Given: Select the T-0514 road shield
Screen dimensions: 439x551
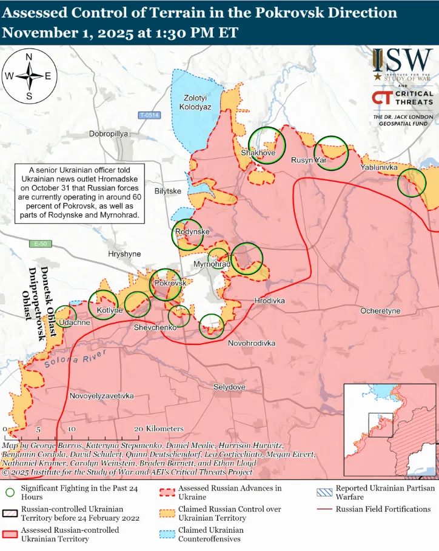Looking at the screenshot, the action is pos(149,115).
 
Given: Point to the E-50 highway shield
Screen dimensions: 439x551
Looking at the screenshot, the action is pos(40,244).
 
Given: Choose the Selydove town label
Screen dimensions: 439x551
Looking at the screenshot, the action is pos(229,387).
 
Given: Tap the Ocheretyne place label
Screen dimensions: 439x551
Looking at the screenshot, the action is pos(380,310).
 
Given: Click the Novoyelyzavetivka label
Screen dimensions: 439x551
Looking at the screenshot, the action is pos(102,396).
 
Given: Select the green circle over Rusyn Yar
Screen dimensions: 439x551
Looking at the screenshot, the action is pos(333,151).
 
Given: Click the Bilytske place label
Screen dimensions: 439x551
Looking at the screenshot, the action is pos(168,191).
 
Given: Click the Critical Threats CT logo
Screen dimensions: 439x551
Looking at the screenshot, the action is pos(381,98).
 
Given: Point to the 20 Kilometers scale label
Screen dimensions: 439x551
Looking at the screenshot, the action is pos(159,429).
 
